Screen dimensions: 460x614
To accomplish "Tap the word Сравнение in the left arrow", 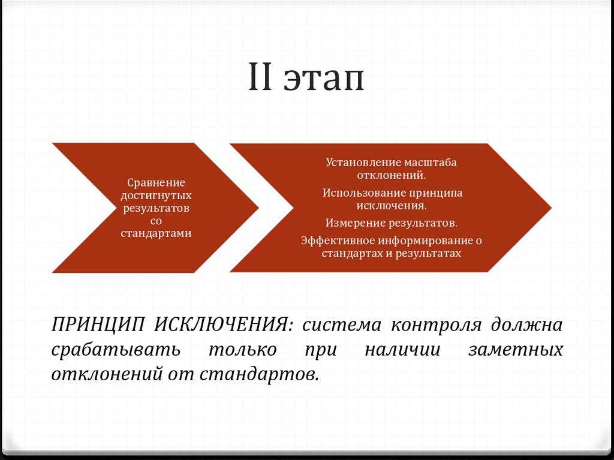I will (156, 182).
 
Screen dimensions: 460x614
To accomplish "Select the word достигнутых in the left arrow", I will (156, 196).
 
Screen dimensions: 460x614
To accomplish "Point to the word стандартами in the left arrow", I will (156, 233).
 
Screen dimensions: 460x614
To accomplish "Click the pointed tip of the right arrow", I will (550, 208).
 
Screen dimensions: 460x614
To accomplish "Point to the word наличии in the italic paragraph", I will (402, 349).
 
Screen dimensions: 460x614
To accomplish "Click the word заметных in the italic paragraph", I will (515, 349).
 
